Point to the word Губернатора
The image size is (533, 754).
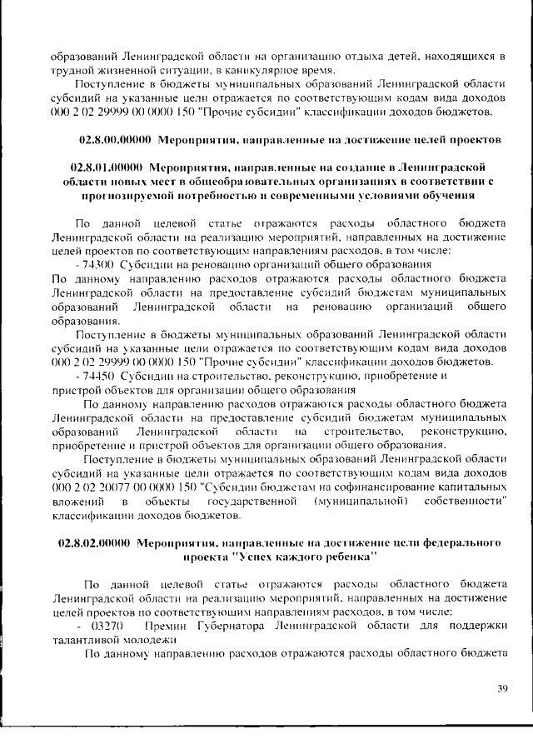pyautogui.click(x=222, y=624)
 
